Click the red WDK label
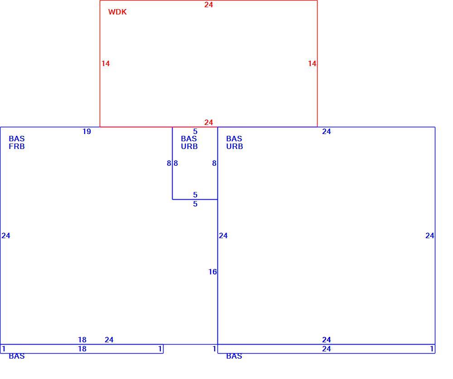[x=117, y=12]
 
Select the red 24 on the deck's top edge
[x=208, y=5]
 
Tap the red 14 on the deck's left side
[x=106, y=63]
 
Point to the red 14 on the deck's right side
[x=312, y=63]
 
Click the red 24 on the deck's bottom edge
[x=208, y=122]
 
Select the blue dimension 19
[x=87, y=131]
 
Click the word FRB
[x=17, y=146]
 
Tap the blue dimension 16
[x=212, y=272]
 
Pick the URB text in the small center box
[x=189, y=146]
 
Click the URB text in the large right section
[x=235, y=146]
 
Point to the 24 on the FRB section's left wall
[x=6, y=236]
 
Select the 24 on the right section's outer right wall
[x=430, y=236]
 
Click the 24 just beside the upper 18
[x=109, y=340]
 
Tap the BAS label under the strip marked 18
[x=17, y=356]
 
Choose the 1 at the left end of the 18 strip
[x=4, y=349]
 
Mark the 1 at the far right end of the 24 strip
[x=432, y=349]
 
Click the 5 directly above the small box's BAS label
[x=195, y=131]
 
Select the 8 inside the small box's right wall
[x=214, y=163]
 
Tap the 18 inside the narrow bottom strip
[x=82, y=349]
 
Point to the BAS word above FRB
[x=17, y=139]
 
